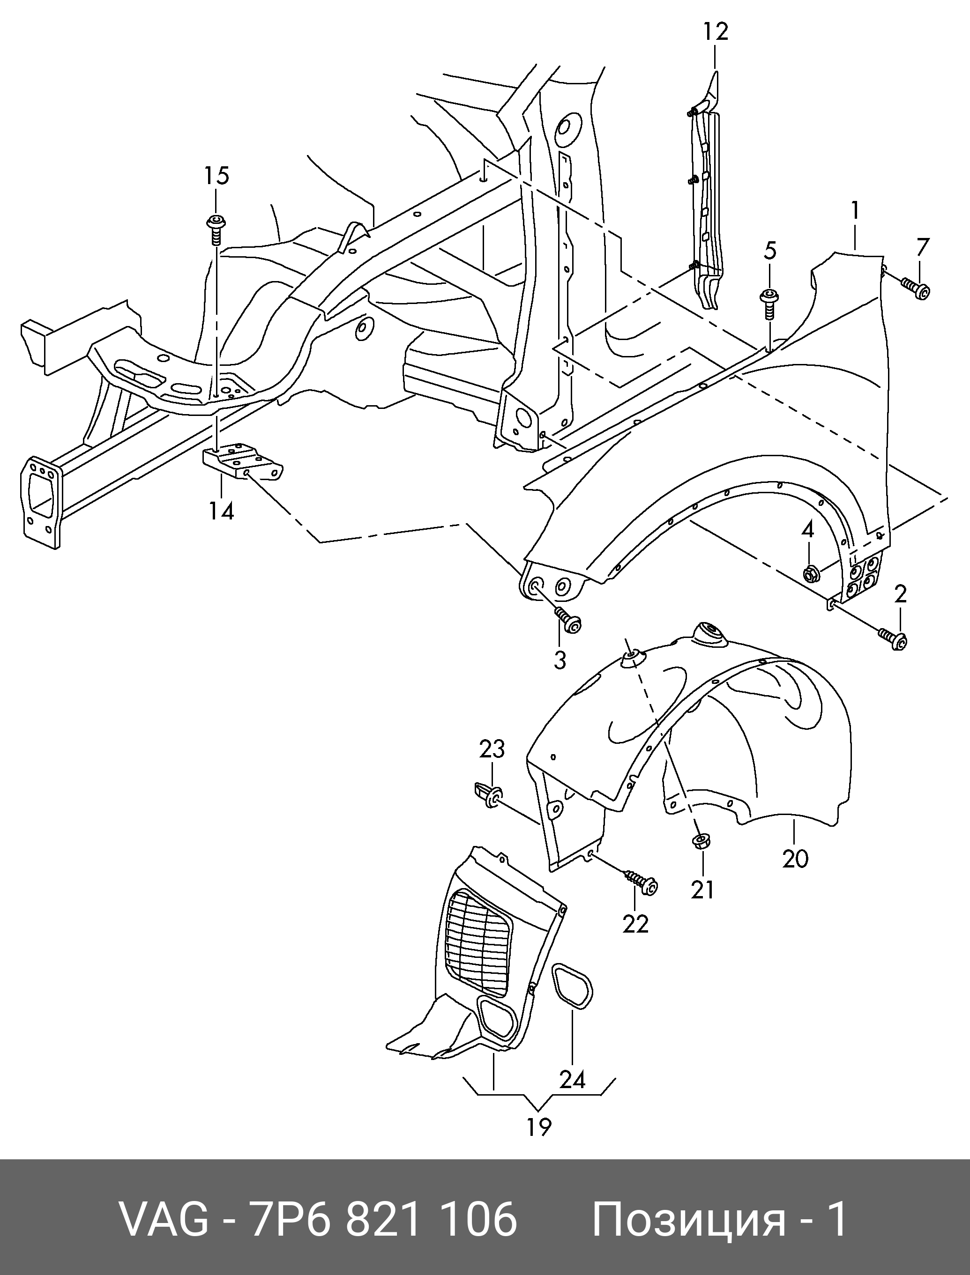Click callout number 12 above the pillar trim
pos(716,31)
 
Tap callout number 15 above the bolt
pos(216,176)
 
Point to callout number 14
pos(221,511)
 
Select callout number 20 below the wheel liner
pos(796,875)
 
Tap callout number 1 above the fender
pos(855,211)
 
